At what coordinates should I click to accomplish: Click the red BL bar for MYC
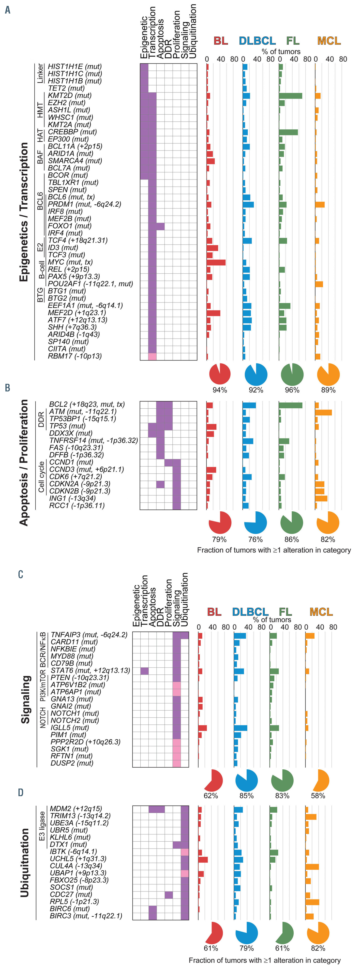[216, 262]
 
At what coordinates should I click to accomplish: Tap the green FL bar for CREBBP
[288, 132]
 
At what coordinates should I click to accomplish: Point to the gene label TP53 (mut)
[67, 426]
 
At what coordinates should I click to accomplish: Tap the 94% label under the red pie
[220, 390]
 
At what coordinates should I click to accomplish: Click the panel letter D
[21, 792]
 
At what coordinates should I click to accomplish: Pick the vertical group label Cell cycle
[41, 477]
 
